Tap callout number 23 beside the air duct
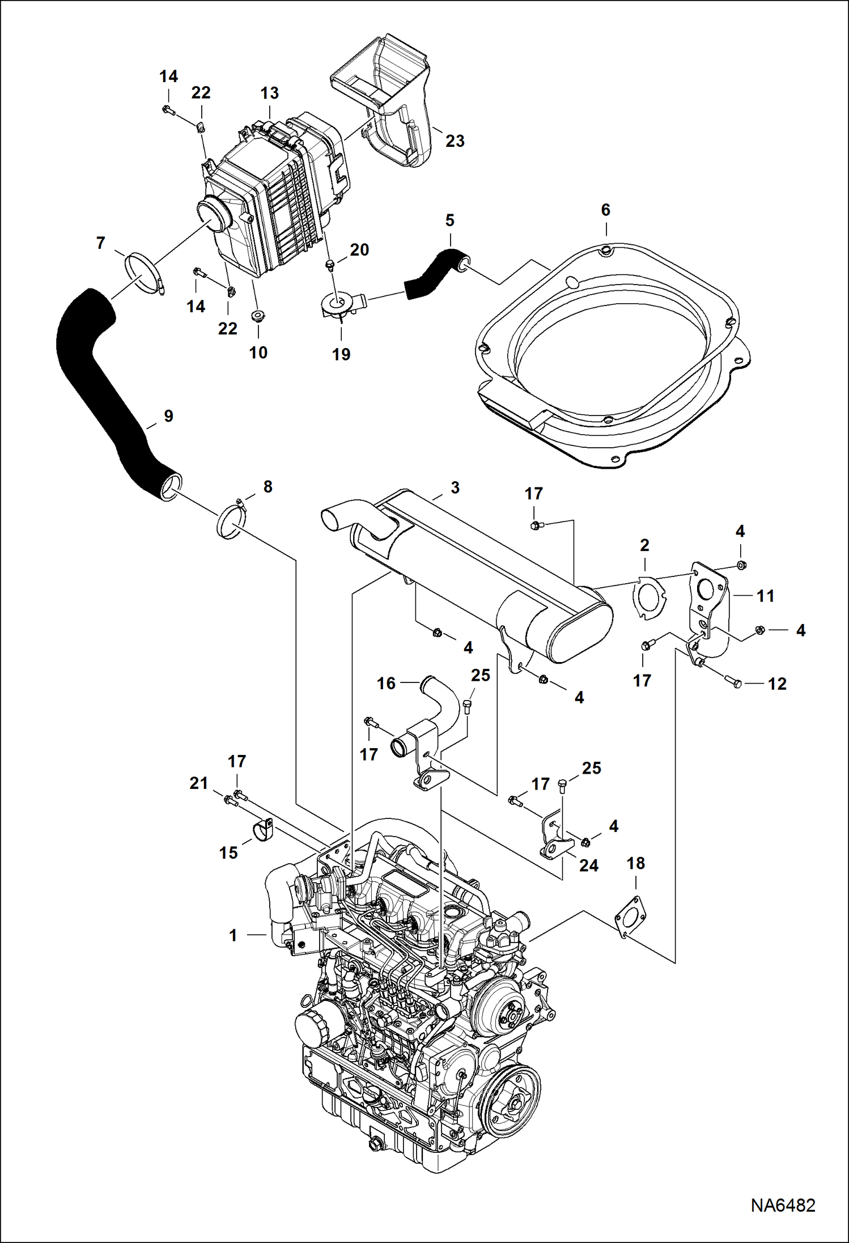pos(455,141)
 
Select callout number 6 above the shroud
pos(605,210)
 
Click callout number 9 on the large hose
pos(168,416)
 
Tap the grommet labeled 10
pos(258,316)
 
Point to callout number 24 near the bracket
pos(588,866)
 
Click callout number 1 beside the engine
pos(233,935)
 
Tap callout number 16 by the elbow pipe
pos(386,683)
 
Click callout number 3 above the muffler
pos(455,488)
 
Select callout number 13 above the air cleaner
pos(270,94)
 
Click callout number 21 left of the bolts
pos(198,783)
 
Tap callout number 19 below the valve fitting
pos(341,355)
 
